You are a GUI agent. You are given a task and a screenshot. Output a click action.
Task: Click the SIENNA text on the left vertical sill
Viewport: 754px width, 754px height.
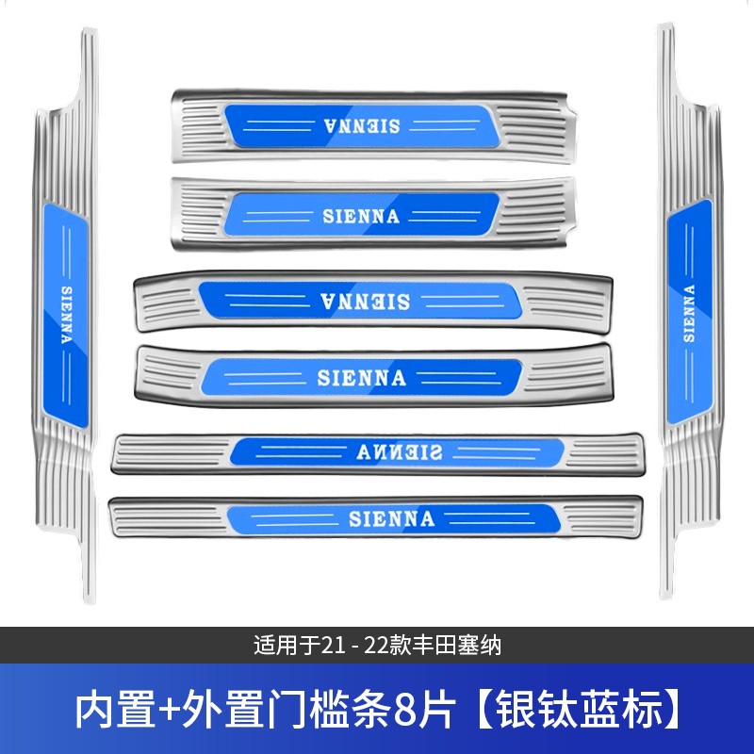pyautogui.click(x=65, y=316)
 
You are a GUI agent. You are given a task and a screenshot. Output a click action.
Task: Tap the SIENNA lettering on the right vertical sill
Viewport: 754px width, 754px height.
pyautogui.click(x=689, y=311)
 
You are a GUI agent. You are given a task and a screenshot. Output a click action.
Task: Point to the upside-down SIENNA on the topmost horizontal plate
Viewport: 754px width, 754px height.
pyautogui.click(x=362, y=125)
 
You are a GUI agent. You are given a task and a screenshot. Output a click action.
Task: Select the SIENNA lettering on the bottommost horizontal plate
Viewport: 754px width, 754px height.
pyautogui.click(x=391, y=518)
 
